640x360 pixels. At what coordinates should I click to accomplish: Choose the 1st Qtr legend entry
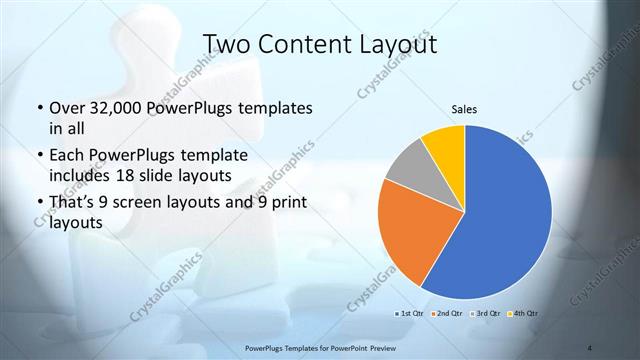pyautogui.click(x=410, y=314)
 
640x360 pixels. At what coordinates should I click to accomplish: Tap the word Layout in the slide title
pyautogui.click(x=398, y=44)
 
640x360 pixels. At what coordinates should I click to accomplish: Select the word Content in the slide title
pyautogui.click(x=310, y=44)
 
